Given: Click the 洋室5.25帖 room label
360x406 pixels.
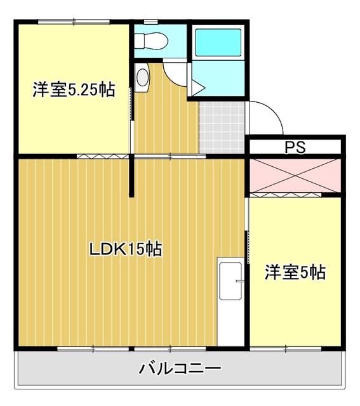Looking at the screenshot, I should (x=74, y=90).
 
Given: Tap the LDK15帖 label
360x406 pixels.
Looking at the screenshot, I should (x=125, y=249).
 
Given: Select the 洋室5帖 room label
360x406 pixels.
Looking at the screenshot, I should (x=295, y=272).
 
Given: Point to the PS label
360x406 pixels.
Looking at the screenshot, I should (x=295, y=148).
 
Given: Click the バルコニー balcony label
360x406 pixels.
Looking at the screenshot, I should (x=180, y=369).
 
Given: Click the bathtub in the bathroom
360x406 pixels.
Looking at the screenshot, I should (x=217, y=42).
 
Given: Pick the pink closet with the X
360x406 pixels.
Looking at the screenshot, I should (x=295, y=176).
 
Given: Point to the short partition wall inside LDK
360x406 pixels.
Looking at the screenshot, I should (x=132, y=177).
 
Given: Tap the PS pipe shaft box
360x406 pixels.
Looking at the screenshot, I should (x=295, y=148).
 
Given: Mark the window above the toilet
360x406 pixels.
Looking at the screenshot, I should (x=150, y=22).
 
